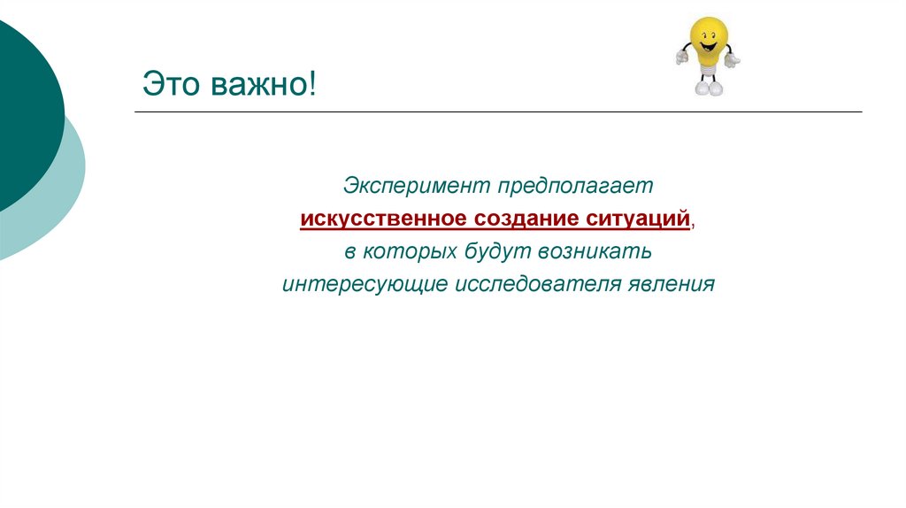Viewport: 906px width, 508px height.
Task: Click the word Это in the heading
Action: [173, 87]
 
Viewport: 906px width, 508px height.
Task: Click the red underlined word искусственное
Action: [382, 219]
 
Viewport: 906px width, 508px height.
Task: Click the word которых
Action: [408, 252]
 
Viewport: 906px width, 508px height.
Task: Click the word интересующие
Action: [365, 285]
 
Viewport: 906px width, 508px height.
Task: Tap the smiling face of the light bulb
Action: [707, 40]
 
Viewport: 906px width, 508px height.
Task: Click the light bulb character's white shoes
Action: [707, 89]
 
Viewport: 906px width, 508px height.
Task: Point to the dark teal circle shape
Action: [22, 106]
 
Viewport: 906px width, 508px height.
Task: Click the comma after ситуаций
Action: [693, 225]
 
